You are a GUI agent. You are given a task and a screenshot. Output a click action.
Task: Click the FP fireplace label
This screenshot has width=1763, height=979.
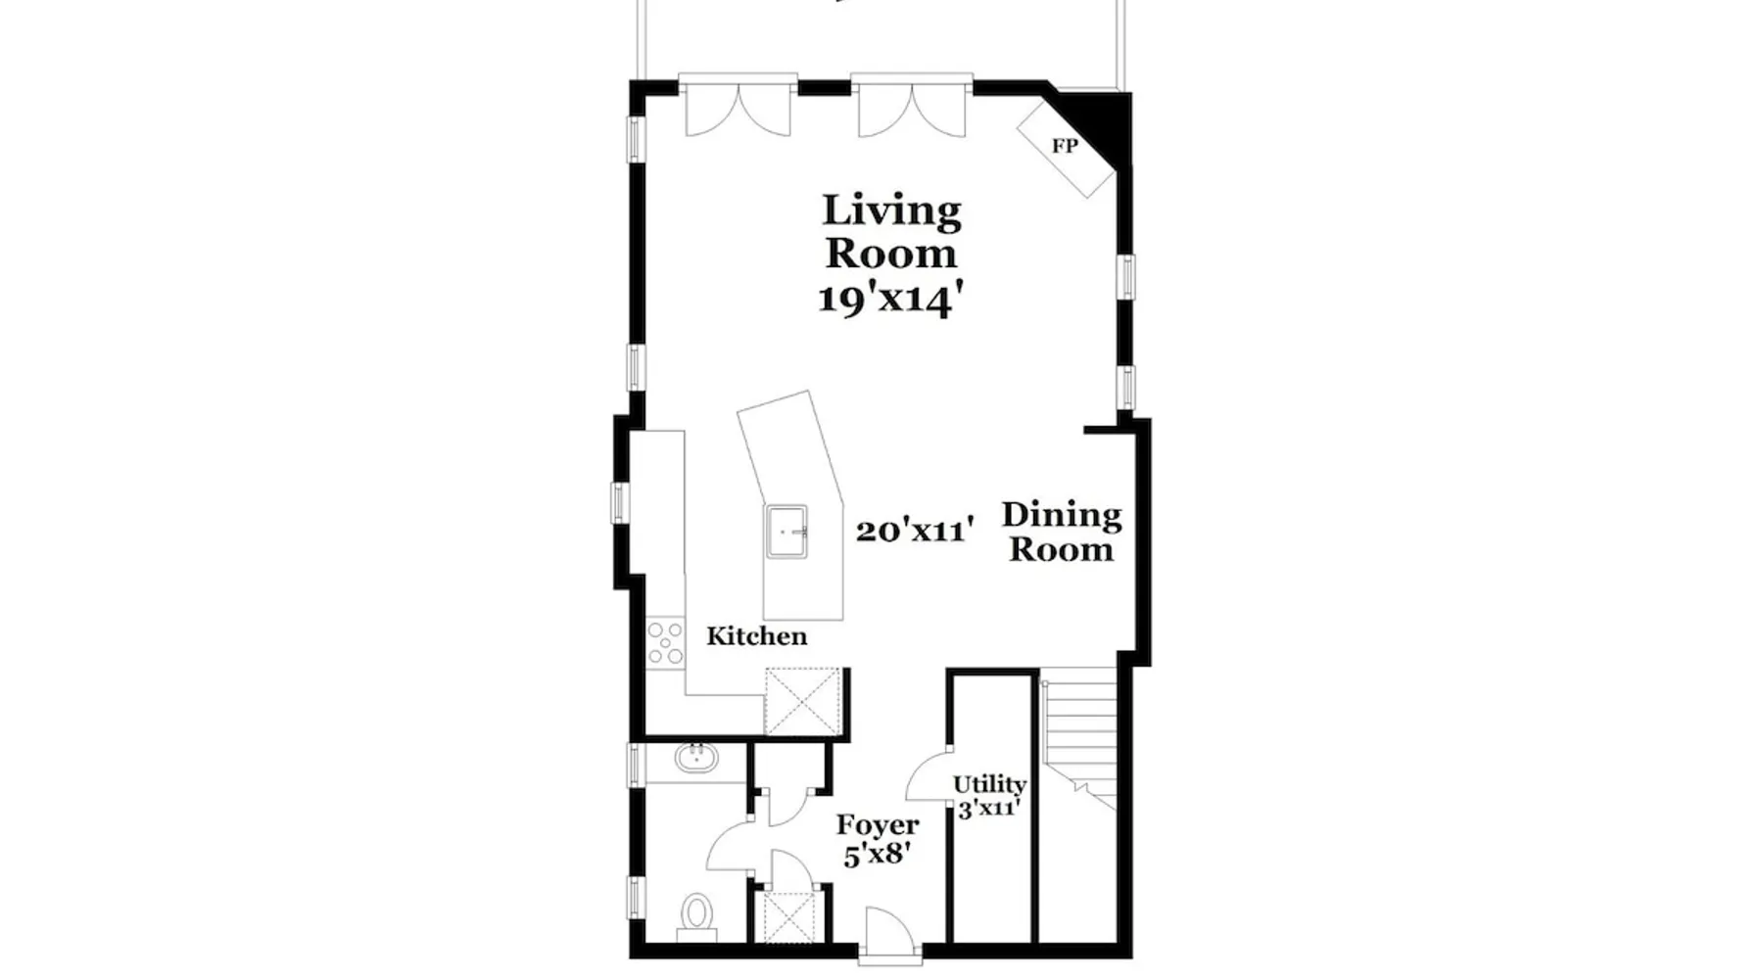[1065, 146]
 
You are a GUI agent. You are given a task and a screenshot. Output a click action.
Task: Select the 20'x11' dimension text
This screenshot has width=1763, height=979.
[915, 530]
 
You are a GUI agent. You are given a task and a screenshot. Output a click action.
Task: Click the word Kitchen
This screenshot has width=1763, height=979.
[757, 636]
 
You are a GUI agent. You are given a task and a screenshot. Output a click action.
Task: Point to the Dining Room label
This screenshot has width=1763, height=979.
[1062, 532]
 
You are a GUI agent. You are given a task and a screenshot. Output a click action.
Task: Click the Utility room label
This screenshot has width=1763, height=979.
[989, 784]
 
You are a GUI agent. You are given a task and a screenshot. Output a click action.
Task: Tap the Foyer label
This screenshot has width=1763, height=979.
[878, 825]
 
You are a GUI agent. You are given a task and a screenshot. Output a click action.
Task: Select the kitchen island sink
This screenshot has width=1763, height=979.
[786, 532]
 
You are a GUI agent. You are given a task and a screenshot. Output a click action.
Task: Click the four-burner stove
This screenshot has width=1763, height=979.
[666, 643]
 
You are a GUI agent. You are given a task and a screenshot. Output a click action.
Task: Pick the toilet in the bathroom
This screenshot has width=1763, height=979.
[697, 916]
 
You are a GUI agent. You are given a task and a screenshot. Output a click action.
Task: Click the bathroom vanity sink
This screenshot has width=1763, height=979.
[695, 757]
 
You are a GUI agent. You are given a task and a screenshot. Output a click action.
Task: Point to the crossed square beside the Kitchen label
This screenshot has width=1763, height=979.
[803, 701]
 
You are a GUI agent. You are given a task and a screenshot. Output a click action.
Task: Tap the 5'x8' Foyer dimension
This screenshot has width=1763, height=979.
[878, 855]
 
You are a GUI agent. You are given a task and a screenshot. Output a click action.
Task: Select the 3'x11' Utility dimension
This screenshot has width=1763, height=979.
[989, 809]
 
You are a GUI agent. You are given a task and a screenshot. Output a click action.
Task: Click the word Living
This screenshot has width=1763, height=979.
[891, 211]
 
